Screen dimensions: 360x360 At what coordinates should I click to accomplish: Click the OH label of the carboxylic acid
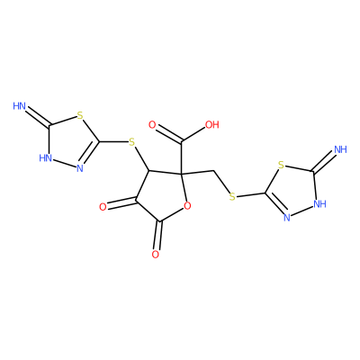(x=212, y=124)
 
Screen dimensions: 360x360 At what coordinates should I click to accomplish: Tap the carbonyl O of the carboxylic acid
(x=152, y=125)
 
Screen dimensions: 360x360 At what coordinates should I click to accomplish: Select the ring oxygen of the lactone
(x=187, y=206)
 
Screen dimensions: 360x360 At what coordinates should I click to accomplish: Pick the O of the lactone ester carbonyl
(x=155, y=255)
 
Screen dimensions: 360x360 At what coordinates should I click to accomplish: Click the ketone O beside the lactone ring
(x=103, y=207)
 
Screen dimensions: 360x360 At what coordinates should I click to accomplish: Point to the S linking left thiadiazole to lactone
(x=131, y=142)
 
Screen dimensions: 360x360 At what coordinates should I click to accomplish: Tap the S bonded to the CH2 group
(x=231, y=197)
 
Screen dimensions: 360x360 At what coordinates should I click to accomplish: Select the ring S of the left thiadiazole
(x=79, y=114)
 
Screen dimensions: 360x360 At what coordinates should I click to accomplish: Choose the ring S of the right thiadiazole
(x=281, y=165)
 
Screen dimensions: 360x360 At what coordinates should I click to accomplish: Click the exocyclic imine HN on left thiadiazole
(x=20, y=105)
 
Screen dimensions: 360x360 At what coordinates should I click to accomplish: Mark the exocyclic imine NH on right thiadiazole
(x=340, y=149)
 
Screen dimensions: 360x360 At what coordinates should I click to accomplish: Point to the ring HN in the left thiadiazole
(x=46, y=157)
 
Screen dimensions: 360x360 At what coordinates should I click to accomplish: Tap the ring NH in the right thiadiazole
(x=319, y=204)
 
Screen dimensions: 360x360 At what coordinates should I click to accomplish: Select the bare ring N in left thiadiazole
(x=80, y=168)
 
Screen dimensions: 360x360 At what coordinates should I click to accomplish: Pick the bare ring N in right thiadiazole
(x=286, y=218)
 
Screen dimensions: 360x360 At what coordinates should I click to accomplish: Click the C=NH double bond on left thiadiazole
(x=38, y=116)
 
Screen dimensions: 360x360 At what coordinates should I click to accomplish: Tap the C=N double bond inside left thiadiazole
(x=91, y=152)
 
